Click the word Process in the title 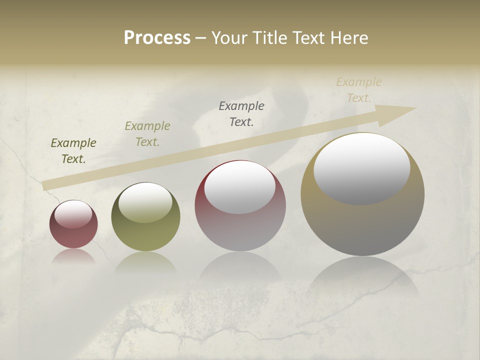click(x=157, y=38)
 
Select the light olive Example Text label click(x=147, y=134)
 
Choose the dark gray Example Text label click(x=241, y=113)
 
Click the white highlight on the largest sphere click(x=361, y=169)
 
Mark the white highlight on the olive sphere click(x=145, y=202)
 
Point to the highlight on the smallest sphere click(x=73, y=214)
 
